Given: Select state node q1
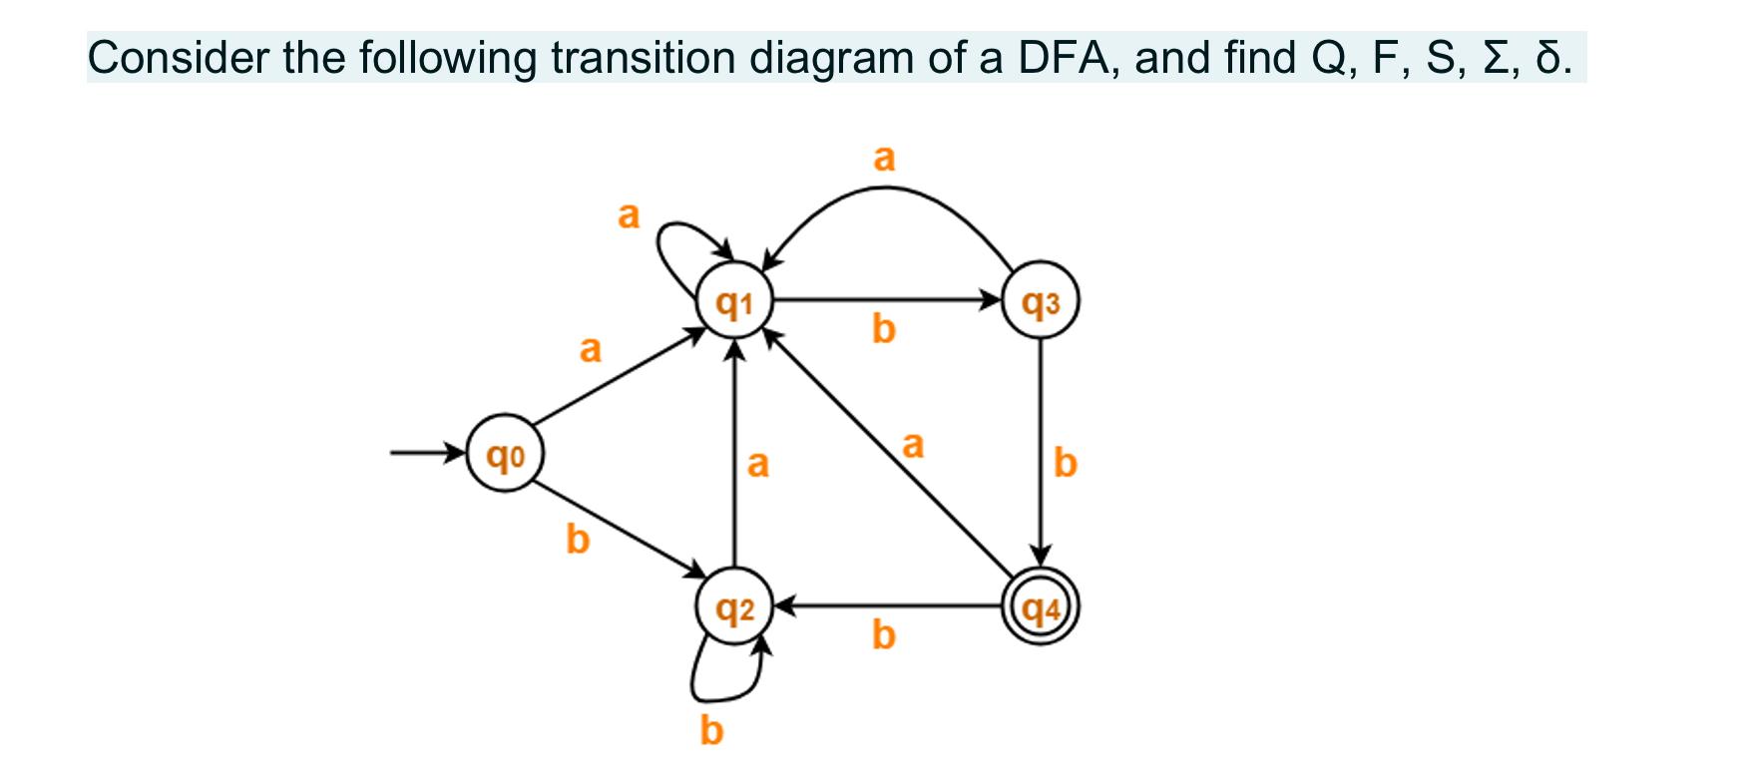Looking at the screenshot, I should pos(735,300).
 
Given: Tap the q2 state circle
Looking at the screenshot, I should pos(735,606).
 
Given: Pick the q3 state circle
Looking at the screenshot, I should pos(1041,300).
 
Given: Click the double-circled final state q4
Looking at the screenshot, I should pos(1041,606).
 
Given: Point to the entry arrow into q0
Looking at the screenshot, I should pos(427,455).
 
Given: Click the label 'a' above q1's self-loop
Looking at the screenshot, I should pos(628,214).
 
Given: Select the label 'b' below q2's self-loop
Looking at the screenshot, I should pos(710,731).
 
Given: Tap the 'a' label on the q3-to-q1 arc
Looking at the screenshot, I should pos(884,157).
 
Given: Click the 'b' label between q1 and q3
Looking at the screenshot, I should pos(883,329).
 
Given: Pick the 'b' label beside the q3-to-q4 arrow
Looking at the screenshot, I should pos(1066,464).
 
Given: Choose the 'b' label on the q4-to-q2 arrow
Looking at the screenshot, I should pos(883,634).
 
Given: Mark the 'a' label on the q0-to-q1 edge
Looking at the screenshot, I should pos(591,349).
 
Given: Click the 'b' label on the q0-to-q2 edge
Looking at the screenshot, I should pos(578,540).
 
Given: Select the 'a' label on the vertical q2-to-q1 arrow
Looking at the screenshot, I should pos(758,464).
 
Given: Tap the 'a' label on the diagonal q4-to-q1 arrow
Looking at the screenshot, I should pos(912,445).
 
